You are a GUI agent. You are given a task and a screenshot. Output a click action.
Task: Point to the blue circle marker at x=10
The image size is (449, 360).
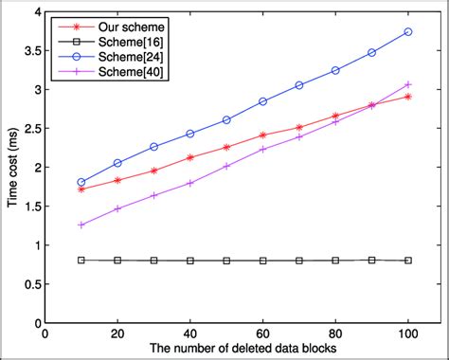[x=81, y=182]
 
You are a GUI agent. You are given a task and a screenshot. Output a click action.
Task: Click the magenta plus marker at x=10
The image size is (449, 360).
[x=81, y=225]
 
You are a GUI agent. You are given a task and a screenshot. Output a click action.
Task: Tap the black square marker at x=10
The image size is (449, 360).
[x=81, y=260]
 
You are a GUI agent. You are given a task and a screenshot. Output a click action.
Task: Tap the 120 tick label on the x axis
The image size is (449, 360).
[x=437, y=334]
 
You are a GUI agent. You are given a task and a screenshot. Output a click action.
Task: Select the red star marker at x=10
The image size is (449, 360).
[x=81, y=189]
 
